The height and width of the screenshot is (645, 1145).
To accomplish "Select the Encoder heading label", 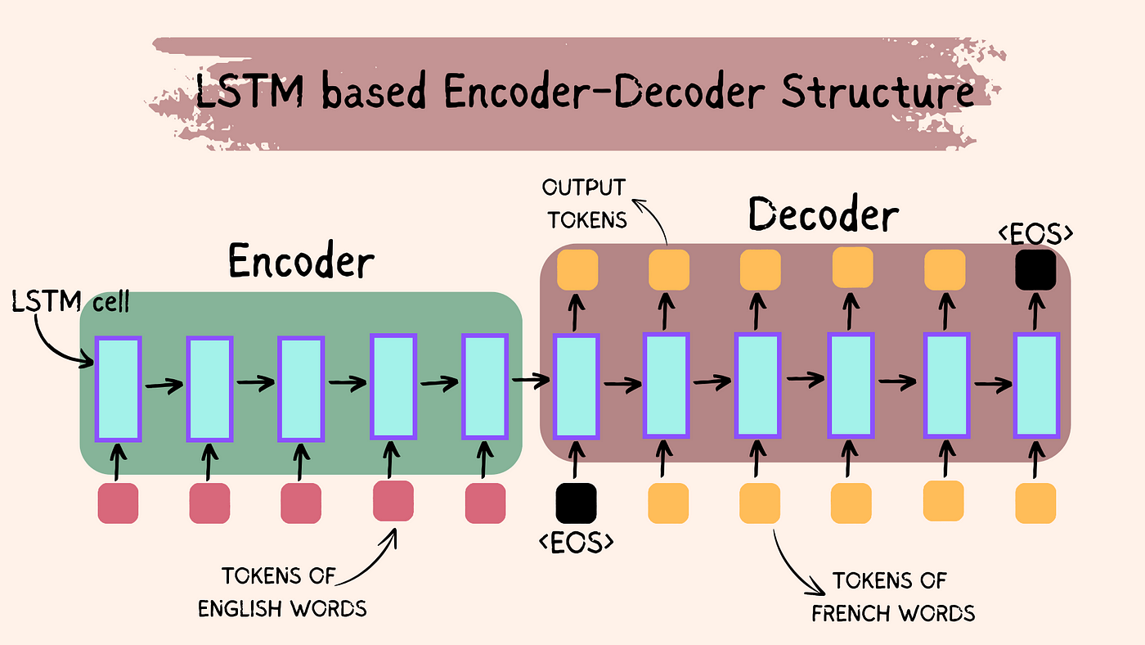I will (x=300, y=262).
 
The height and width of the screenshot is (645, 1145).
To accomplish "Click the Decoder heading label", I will (x=824, y=216).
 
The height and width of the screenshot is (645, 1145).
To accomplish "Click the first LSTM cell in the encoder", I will (x=119, y=387).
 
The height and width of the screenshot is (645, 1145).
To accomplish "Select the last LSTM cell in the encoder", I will (x=486, y=386).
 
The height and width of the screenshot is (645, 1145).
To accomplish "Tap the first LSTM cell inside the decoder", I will (x=577, y=386).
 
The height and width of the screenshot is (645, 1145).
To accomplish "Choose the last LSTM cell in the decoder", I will (x=1036, y=386).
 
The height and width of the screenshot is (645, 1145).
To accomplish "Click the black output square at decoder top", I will (x=1035, y=268).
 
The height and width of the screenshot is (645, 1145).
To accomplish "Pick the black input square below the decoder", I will (x=576, y=503).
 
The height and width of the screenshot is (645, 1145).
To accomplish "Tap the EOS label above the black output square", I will (x=1035, y=233).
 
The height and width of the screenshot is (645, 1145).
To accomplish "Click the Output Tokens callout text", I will (x=584, y=203).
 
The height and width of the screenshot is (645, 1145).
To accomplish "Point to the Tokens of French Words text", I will (x=891, y=597).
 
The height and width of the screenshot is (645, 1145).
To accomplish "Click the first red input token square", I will (x=118, y=503).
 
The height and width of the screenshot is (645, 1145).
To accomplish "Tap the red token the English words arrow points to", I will (x=393, y=500).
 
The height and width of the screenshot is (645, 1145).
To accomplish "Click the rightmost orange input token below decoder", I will (x=1035, y=503).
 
